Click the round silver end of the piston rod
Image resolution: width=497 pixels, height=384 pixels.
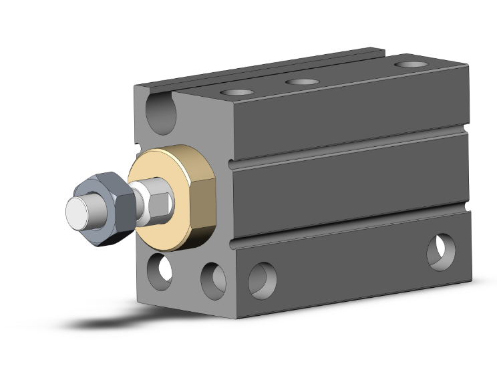[x=79, y=212]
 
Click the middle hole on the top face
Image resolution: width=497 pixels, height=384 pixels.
[x=302, y=81]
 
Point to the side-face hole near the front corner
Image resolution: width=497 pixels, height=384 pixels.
[x=262, y=280]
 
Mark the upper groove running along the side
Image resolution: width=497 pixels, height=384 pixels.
[x=347, y=145]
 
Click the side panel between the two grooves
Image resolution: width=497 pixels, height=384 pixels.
[x=347, y=184]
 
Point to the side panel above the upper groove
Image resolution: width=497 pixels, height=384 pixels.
[x=347, y=114]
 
